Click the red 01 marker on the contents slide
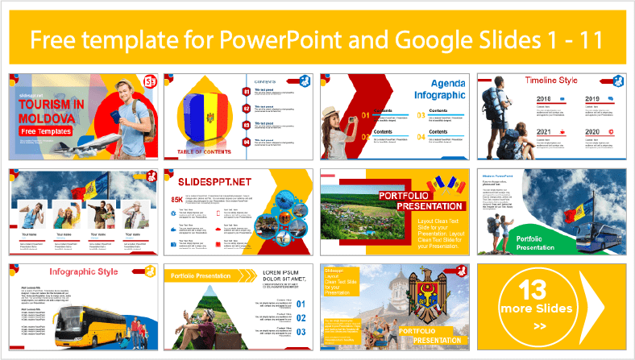tap(246, 91)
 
